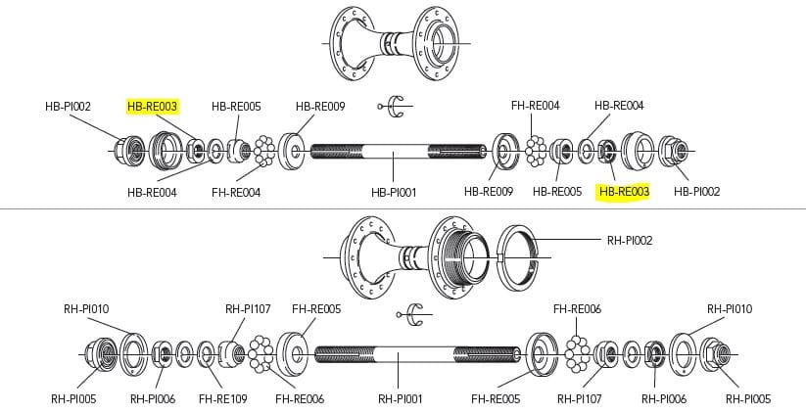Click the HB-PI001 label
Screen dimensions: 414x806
pyautogui.click(x=395, y=192)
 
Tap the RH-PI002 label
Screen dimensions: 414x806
pyautogui.click(x=630, y=239)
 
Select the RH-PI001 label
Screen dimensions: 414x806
pyautogui.click(x=400, y=398)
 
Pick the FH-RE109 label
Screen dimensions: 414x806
pyautogui.click(x=221, y=398)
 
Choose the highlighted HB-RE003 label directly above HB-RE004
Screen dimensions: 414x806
pyautogui.click(x=152, y=106)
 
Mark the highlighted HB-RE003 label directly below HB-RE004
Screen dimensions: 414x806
pyautogui.click(x=623, y=192)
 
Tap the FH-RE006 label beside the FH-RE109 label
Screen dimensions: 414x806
pyautogui.click(x=299, y=398)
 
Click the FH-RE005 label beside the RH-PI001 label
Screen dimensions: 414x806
pyautogui.click(x=495, y=398)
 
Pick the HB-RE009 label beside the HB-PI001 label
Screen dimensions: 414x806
pyautogui.click(x=488, y=192)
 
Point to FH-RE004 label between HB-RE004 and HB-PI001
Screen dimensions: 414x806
pyautogui.click(x=236, y=192)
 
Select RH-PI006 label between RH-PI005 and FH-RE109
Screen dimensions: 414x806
pyautogui.click(x=153, y=398)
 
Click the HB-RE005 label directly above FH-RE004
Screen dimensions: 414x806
pyautogui.click(x=236, y=106)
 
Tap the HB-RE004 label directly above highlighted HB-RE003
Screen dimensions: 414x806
pyautogui.click(x=619, y=106)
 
